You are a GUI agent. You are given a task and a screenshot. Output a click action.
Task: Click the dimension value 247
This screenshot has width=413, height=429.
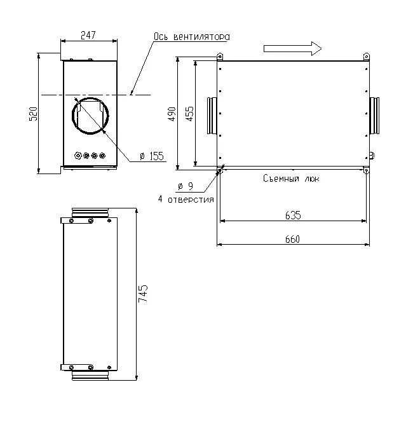(x=88, y=36)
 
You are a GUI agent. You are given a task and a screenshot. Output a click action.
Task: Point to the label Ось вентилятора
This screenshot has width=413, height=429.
(x=191, y=37)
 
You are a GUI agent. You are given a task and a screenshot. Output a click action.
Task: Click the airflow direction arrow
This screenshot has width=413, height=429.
(x=292, y=48)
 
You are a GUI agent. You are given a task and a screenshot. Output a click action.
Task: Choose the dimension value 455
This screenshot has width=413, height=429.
(x=189, y=114)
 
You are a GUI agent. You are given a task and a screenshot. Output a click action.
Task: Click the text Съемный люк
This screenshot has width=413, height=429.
(x=292, y=179)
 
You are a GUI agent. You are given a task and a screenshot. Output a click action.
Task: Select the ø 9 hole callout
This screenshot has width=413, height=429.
(x=186, y=186)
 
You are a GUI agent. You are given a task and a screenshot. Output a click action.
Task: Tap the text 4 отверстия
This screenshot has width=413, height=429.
(x=186, y=200)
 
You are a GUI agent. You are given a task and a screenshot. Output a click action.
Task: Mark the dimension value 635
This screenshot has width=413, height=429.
(x=292, y=215)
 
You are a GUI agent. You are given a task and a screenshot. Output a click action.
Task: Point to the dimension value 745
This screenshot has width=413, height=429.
(x=143, y=294)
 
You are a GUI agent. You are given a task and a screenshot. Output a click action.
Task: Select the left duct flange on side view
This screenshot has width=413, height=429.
(x=212, y=116)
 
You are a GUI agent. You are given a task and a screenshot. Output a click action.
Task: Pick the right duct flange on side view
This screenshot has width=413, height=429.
(x=375, y=116)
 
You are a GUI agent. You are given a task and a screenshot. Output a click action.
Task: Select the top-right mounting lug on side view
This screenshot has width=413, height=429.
(x=365, y=57)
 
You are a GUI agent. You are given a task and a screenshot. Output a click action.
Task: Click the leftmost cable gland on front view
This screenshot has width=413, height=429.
(x=78, y=154)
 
